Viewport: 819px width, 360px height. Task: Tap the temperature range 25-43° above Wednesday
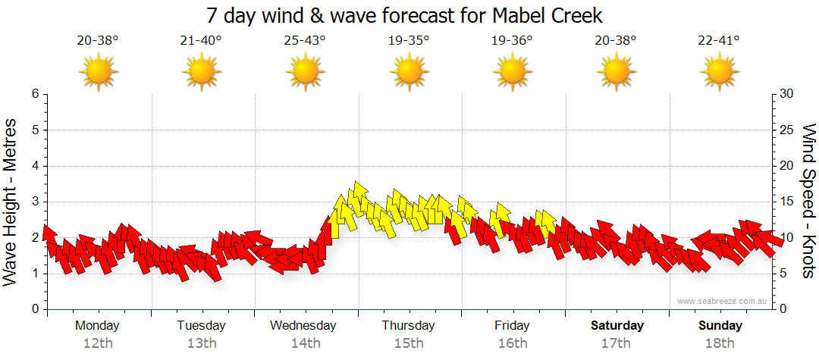305,41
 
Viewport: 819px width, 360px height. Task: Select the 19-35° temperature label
409,41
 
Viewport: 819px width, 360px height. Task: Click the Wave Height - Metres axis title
11,202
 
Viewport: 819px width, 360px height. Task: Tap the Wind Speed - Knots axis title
808,202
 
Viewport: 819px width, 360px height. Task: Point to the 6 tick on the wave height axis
35,94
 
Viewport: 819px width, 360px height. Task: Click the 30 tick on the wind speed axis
787,94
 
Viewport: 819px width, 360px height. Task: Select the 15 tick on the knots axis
787,202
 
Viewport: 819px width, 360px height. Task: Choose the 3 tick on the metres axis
35,202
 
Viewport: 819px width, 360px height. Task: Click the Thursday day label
408,326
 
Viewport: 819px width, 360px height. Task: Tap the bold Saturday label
617,326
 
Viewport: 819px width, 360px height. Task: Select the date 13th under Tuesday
201,343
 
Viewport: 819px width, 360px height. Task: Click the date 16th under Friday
512,343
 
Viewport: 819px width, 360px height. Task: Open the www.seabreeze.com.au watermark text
723,301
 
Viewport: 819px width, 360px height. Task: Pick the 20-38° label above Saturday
616,41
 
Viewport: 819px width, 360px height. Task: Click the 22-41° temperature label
719,41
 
